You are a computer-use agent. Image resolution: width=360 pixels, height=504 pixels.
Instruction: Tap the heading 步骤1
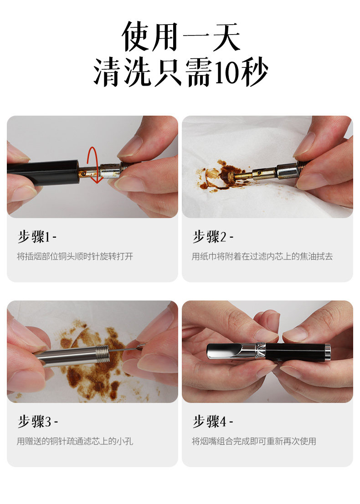tap(37, 237)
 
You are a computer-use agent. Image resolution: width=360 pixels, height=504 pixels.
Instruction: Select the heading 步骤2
tap(213, 237)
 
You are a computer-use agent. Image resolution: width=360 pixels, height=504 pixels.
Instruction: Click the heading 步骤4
tap(213, 422)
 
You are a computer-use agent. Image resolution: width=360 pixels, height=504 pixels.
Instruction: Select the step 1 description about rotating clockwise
tap(75, 256)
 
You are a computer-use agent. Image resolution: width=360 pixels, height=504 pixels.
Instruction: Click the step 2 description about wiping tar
tap(262, 256)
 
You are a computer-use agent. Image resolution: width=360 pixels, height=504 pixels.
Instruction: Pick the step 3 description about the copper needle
tap(75, 441)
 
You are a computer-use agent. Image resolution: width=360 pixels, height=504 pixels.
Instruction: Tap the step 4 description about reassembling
tap(254, 441)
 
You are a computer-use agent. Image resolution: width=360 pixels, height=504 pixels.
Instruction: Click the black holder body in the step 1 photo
tap(43, 173)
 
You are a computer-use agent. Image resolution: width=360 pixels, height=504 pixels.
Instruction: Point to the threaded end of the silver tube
tap(103, 354)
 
